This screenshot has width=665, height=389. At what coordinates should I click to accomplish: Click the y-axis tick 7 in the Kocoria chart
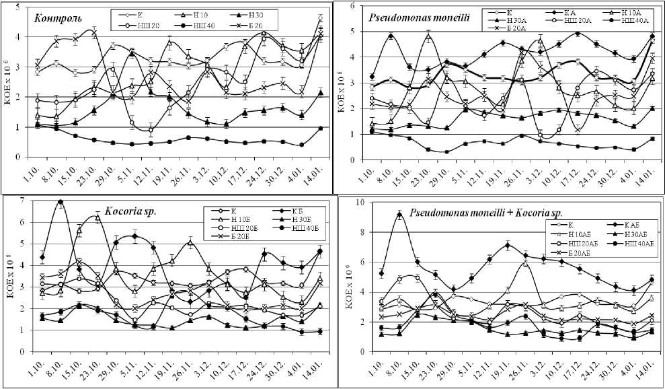tap(22, 201)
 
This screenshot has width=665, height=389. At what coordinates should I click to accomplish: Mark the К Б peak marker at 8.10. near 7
tap(61, 201)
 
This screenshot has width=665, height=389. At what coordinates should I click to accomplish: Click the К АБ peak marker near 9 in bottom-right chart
tap(399, 215)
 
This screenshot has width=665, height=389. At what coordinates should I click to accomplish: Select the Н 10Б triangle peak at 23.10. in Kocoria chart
tap(98, 217)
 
